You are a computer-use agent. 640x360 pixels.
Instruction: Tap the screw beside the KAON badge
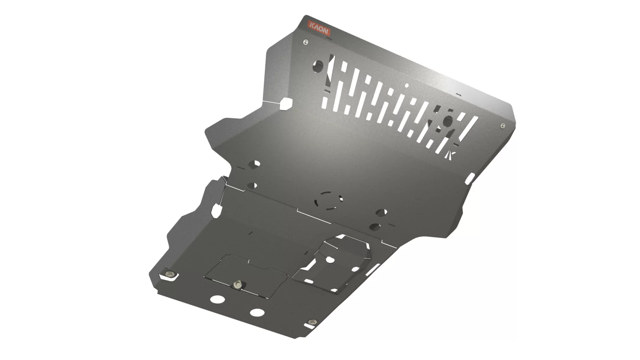pyautogui.click(x=305, y=42)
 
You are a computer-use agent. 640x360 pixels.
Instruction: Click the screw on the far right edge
pyautogui.click(x=503, y=126)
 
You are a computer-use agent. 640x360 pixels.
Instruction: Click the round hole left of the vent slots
pyautogui.click(x=318, y=66)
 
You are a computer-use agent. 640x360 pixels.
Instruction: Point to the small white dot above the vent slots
pyautogui.click(x=406, y=86)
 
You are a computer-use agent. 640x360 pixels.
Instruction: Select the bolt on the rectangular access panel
pyautogui.click(x=237, y=284)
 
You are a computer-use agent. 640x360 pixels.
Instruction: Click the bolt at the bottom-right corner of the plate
pyautogui.click(x=312, y=322)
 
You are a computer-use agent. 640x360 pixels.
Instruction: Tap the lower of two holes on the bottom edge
pyautogui.click(x=257, y=313)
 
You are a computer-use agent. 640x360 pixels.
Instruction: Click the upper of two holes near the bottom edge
pyautogui.click(x=217, y=299)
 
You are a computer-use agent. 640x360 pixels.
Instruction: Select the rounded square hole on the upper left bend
pyautogui.click(x=286, y=104)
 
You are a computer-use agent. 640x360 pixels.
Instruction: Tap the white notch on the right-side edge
pyautogui.click(x=470, y=179)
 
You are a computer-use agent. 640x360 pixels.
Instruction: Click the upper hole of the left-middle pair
pyautogui.click(x=255, y=164)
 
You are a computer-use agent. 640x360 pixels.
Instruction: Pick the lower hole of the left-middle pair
pyautogui.click(x=252, y=186)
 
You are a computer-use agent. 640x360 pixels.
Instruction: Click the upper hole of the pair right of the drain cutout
pyautogui.click(x=381, y=212)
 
